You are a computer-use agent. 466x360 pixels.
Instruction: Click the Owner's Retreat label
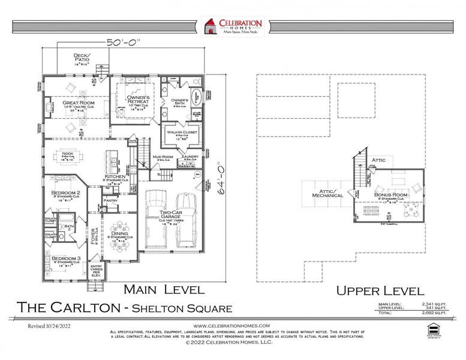tap(142, 97)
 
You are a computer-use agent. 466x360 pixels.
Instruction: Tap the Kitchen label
tap(115, 177)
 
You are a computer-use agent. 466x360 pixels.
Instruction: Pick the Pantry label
tap(110, 200)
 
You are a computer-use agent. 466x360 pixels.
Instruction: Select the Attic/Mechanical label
tap(327, 193)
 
